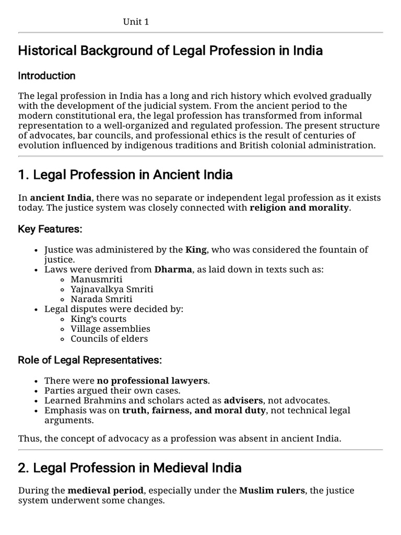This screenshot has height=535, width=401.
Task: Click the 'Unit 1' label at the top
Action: pos(136,21)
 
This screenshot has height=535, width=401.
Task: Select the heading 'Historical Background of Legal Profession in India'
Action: pos(170,51)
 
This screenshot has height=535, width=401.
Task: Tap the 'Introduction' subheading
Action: pos(46,76)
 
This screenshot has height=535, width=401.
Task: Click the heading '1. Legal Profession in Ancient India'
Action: pos(125,175)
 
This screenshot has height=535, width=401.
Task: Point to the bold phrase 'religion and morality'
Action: pos(299,208)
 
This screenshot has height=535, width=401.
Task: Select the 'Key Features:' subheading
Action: pos(50,229)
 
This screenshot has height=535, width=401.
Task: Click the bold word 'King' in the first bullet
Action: pos(196,250)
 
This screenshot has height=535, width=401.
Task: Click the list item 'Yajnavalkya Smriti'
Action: pos(112,289)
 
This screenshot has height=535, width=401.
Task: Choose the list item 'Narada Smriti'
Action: pos(101,299)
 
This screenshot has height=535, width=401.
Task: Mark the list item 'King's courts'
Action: pos(98,319)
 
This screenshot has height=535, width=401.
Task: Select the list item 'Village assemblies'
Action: pos(110,329)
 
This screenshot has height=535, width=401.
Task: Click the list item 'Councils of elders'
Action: pos(109,339)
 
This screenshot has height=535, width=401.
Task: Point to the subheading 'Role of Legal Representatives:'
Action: pos(90,360)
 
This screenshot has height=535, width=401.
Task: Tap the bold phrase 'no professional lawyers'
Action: pos(152,380)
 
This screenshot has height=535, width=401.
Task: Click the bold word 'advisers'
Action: pos(244,400)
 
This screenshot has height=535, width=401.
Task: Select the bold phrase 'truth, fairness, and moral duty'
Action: pos(194,410)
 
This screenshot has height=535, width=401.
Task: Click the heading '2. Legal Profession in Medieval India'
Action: pos(129,468)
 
